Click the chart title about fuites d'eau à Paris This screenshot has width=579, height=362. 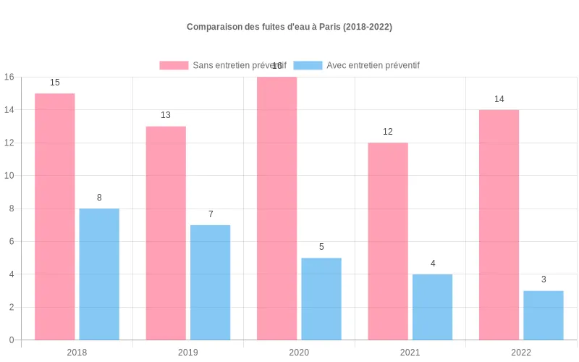click(289, 27)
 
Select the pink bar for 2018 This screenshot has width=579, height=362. click(55, 216)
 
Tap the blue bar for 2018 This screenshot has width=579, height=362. click(99, 274)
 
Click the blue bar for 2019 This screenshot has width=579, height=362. click(211, 282)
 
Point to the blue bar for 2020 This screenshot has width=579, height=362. click(321, 299)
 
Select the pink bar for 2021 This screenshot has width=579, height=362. click(388, 241)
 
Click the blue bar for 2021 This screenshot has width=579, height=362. click(433, 307)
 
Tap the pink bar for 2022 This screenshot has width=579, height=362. click(499, 224)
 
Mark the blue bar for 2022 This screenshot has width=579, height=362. click(544, 315)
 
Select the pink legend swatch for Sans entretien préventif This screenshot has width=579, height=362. click(174, 65)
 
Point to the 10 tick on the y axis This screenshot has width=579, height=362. click(9, 176)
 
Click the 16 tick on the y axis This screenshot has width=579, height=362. click(9, 77)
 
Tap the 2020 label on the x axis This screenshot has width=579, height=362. click(299, 353)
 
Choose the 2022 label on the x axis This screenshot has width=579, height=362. click(521, 353)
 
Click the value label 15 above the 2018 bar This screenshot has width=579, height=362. click(55, 83)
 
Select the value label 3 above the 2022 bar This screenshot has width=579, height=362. click(544, 279)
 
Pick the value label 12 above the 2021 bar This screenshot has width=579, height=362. click(388, 132)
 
